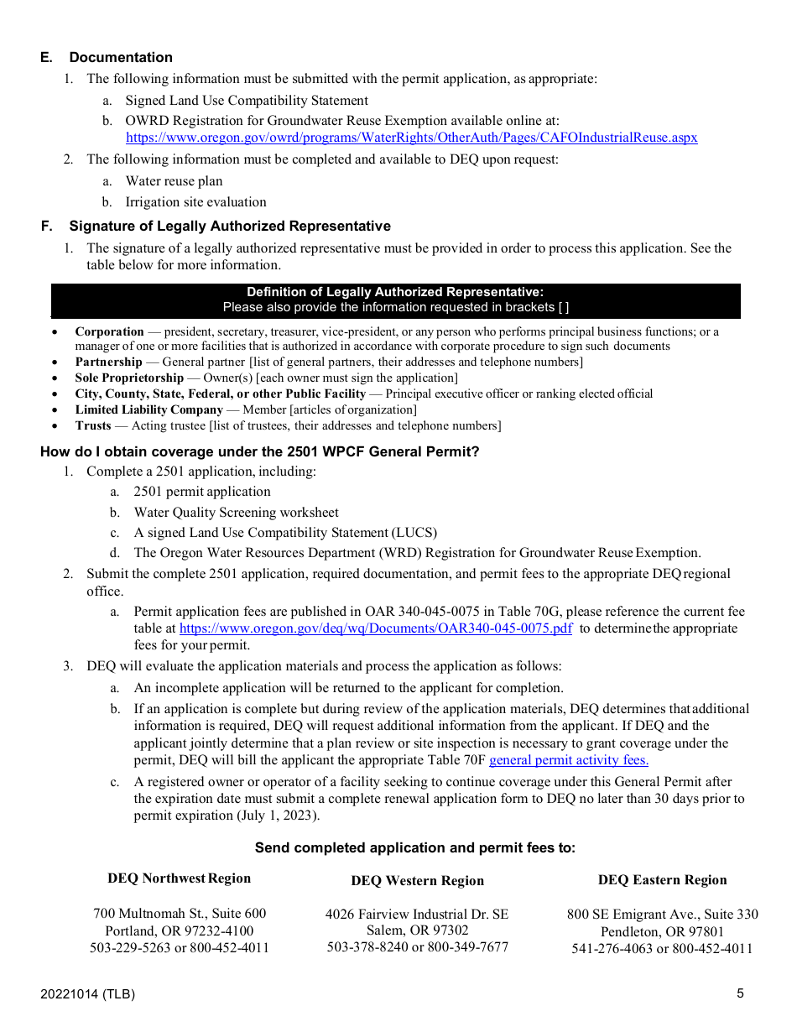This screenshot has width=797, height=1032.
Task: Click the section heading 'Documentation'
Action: tap(121, 57)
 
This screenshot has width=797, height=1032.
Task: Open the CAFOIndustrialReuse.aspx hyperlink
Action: tap(411, 138)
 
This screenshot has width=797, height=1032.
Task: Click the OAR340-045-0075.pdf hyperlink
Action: tap(376, 628)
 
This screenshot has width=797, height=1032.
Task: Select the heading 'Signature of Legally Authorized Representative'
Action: tap(229, 226)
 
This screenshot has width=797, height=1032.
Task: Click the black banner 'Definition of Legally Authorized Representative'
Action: tap(395, 292)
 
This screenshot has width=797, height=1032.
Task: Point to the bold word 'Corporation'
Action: tap(109, 331)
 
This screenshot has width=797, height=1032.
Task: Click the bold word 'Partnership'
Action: tap(108, 362)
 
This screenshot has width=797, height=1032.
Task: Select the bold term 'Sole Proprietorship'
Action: tap(128, 378)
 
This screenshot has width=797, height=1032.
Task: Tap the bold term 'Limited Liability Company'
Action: tap(148, 409)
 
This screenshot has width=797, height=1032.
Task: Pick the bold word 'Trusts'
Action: tap(92, 425)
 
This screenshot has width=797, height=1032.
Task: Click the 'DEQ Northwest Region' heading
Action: tap(179, 878)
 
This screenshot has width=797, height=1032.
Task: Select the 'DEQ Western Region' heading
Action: tap(417, 881)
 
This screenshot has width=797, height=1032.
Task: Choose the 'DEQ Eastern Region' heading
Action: tap(662, 879)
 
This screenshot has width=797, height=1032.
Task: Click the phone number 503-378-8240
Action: tap(366, 947)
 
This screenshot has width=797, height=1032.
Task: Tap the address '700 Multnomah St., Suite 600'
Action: tap(180, 914)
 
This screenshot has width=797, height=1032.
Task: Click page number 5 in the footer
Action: tap(740, 993)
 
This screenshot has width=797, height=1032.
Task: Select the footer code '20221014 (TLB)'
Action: tap(87, 994)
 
